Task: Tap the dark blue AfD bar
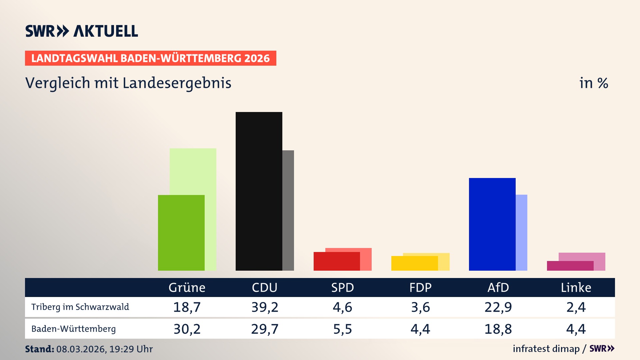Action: pyautogui.click(x=492, y=224)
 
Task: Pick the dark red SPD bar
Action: pyautogui.click(x=337, y=261)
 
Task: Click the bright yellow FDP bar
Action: pyautogui.click(x=414, y=263)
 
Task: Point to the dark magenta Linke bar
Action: pyautogui.click(x=570, y=266)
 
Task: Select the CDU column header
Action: pyautogui.click(x=264, y=287)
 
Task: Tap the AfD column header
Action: pyautogui.click(x=498, y=287)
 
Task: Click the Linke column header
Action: pyautogui.click(x=576, y=287)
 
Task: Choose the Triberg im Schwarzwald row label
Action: pyautogui.click(x=80, y=307)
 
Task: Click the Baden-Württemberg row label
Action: pyautogui.click(x=73, y=329)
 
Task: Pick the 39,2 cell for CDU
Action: pyautogui.click(x=265, y=307)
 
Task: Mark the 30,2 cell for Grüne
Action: pyautogui.click(x=187, y=329)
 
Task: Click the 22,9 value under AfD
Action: pyautogui.click(x=498, y=307)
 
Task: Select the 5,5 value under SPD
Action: pyautogui.click(x=342, y=329)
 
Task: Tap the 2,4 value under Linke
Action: pyautogui.click(x=576, y=307)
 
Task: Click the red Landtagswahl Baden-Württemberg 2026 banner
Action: pyautogui.click(x=150, y=58)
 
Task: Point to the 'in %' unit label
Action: pyautogui.click(x=593, y=83)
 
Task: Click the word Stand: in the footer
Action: pyautogui.click(x=39, y=349)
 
